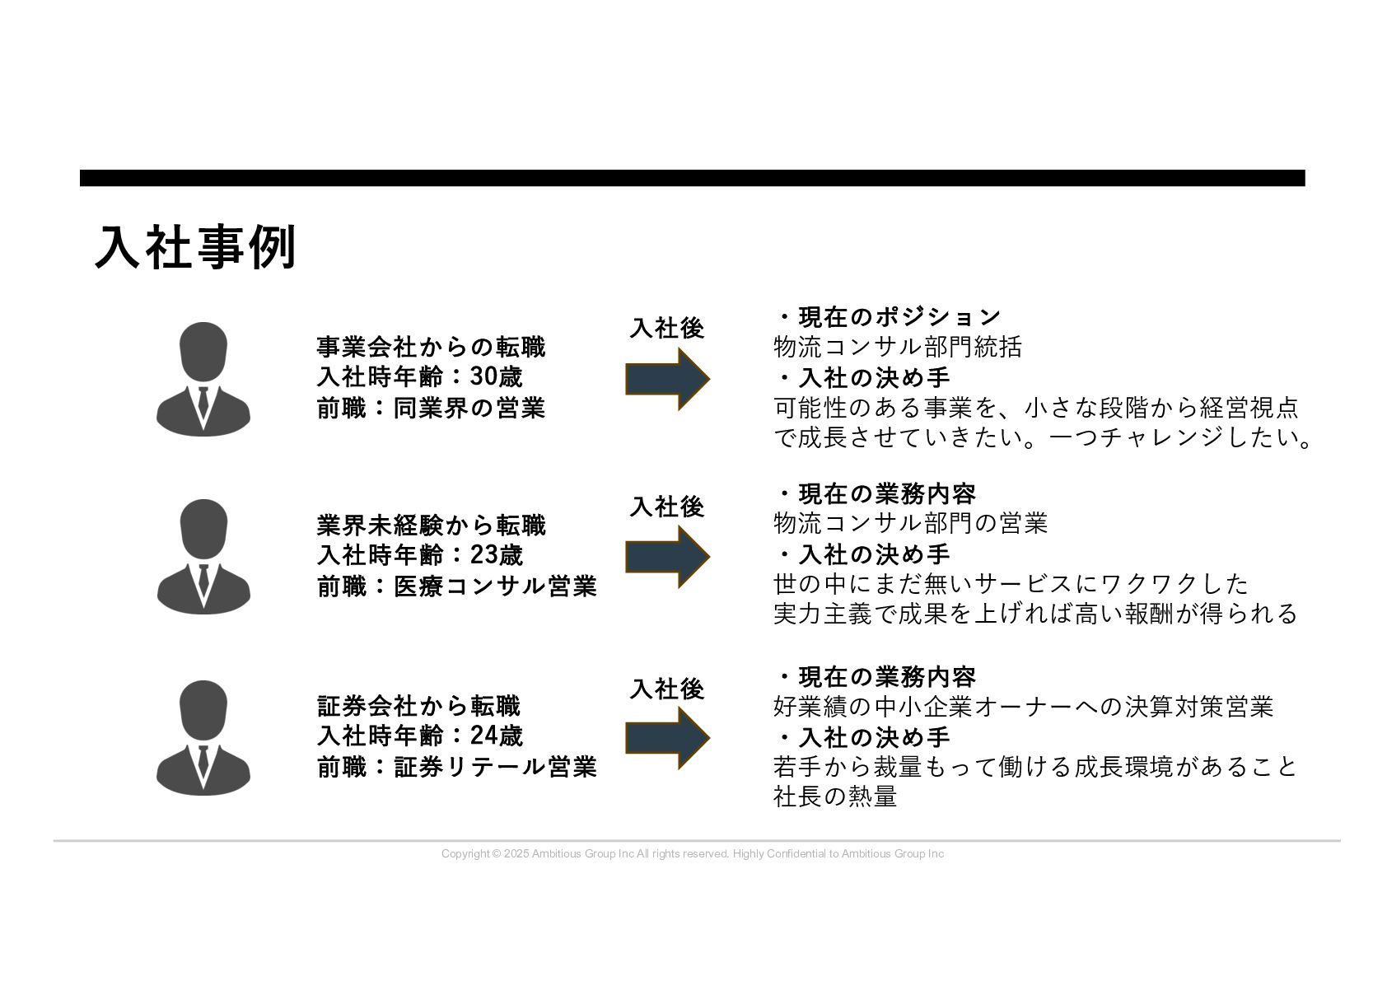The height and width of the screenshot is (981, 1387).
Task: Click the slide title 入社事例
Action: point(195,247)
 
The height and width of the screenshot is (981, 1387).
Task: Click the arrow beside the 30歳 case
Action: point(666,379)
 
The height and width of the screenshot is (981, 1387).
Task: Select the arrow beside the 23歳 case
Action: point(666,557)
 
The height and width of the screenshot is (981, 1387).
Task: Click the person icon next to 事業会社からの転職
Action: point(203,379)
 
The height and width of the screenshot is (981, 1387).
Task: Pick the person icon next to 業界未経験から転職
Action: point(203,556)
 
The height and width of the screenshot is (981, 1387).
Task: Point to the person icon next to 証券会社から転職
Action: point(203,737)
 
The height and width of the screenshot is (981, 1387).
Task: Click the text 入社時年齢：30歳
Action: point(420,377)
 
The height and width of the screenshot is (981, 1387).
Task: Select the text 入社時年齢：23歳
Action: point(420,555)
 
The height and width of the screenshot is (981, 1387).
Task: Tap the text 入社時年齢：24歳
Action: point(420,736)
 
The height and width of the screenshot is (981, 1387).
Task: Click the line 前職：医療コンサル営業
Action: point(457,586)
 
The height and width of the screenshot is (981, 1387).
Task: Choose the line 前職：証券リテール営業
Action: point(457,767)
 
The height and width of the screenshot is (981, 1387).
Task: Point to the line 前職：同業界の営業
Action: point(431,408)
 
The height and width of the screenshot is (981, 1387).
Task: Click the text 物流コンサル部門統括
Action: point(898,347)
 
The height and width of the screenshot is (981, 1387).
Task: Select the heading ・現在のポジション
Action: point(889,317)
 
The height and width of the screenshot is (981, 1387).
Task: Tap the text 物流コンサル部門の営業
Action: point(911,523)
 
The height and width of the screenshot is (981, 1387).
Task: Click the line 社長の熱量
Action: point(835,796)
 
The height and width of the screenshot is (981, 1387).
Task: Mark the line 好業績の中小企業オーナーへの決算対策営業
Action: point(1024,707)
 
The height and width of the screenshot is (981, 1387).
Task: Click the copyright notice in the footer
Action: point(693,854)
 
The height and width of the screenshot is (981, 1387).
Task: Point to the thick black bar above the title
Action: point(693,178)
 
